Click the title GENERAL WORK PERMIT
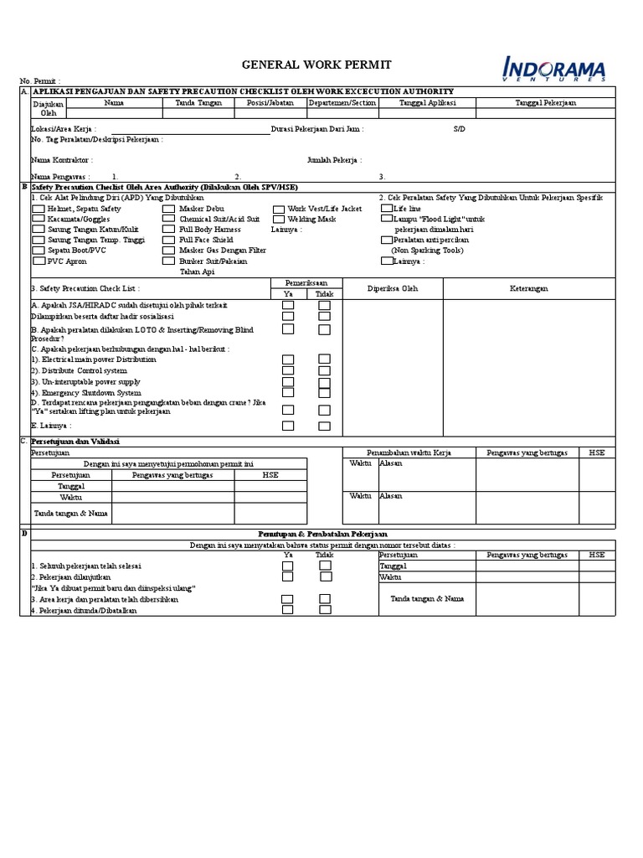[x=304, y=65]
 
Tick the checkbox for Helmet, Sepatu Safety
[x=38, y=209]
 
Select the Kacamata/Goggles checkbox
[x=38, y=219]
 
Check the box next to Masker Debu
[x=169, y=209]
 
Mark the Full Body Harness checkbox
[x=169, y=230]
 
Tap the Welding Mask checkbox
[x=278, y=219]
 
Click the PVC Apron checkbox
[x=38, y=261]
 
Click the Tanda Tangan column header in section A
[x=198, y=103]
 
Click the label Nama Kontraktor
[x=62, y=159]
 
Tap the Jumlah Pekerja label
[x=334, y=159]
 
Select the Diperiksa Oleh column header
[x=393, y=289]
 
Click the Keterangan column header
[x=529, y=289]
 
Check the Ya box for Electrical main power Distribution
[x=288, y=359]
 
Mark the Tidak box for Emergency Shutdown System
[x=324, y=392]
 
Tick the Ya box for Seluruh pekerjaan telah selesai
[x=288, y=566]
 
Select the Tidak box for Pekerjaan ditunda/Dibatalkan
[x=325, y=610]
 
